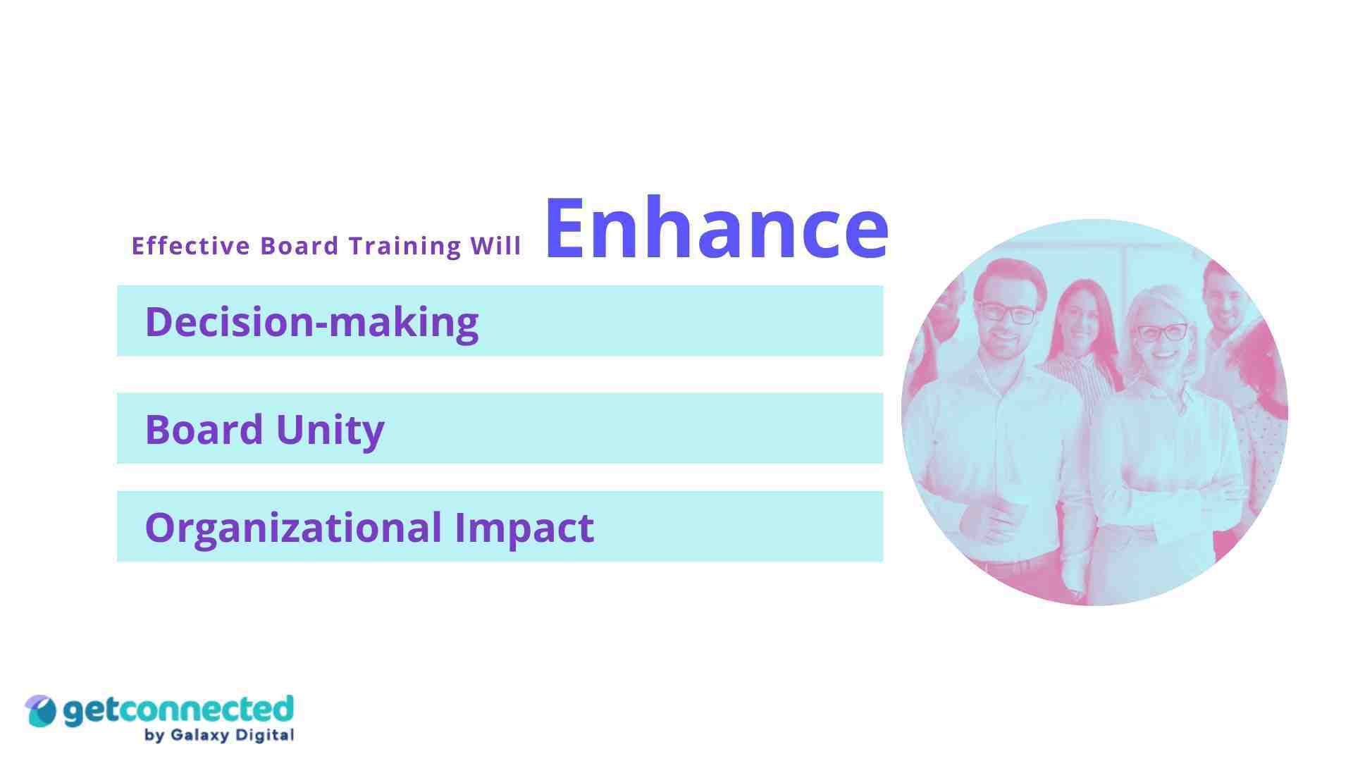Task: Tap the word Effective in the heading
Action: click(191, 246)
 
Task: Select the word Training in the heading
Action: click(404, 246)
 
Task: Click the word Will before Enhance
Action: click(496, 246)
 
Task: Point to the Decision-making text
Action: click(311, 322)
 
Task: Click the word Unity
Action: click(330, 430)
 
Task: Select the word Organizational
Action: click(293, 527)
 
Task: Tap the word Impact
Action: click(524, 527)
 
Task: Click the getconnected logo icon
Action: click(40, 710)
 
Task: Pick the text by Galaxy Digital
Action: click(218, 736)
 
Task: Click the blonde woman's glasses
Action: click(1161, 331)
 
